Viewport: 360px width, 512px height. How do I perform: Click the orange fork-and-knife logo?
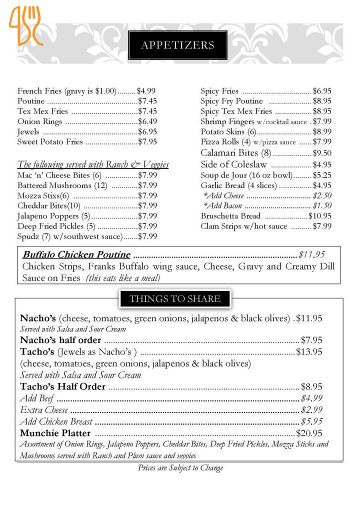[x=25, y=25]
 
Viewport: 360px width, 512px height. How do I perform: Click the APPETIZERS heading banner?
[x=177, y=45]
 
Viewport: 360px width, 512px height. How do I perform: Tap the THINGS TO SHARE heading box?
[x=174, y=299]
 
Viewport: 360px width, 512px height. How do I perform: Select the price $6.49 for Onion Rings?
[x=147, y=121]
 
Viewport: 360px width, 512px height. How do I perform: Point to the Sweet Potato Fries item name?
[x=50, y=142]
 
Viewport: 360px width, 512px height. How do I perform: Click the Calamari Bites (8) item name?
[x=235, y=153]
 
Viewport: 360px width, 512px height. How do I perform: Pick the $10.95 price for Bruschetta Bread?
[x=319, y=216]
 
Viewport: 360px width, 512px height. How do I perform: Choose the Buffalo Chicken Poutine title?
[x=76, y=254]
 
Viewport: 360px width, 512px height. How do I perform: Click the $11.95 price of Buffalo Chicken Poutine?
[x=311, y=254]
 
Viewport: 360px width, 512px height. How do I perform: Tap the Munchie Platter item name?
[x=55, y=433]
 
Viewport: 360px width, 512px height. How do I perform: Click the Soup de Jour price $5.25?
[x=322, y=175]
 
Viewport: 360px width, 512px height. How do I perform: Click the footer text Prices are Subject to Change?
[x=180, y=468]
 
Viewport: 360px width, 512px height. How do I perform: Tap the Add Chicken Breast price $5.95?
[x=311, y=421]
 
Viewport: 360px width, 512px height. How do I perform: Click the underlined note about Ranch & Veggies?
[x=93, y=164]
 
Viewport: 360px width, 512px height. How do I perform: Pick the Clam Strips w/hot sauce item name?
[x=244, y=226]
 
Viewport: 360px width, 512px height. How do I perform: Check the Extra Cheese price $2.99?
[x=311, y=410]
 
